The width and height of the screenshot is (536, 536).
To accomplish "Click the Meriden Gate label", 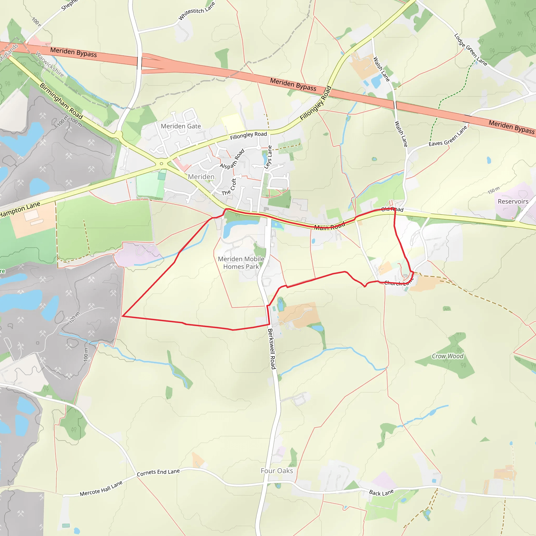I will click(181, 126).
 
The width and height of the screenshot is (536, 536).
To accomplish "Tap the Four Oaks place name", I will click(277, 471).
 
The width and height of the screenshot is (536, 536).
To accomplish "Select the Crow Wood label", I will click(447, 356).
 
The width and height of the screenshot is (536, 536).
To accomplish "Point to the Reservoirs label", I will click(513, 202).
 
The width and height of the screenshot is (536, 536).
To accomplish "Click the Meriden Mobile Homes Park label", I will click(241, 263).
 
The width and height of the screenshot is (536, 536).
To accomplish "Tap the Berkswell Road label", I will click(272, 349).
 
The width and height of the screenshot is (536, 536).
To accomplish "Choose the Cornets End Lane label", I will click(158, 472).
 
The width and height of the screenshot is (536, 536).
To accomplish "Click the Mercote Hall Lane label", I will click(101, 489).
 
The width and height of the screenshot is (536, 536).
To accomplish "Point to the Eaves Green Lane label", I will click(448, 137).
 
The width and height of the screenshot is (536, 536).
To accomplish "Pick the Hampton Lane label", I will click(20, 210).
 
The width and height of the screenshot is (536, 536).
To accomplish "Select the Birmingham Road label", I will click(61, 101).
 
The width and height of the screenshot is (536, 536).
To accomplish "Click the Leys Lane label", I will click(268, 157).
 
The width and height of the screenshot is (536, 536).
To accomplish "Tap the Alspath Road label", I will click(232, 159).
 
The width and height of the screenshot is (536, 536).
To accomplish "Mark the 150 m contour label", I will click(494, 190).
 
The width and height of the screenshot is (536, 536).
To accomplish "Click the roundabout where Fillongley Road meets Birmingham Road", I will click(161, 164).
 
